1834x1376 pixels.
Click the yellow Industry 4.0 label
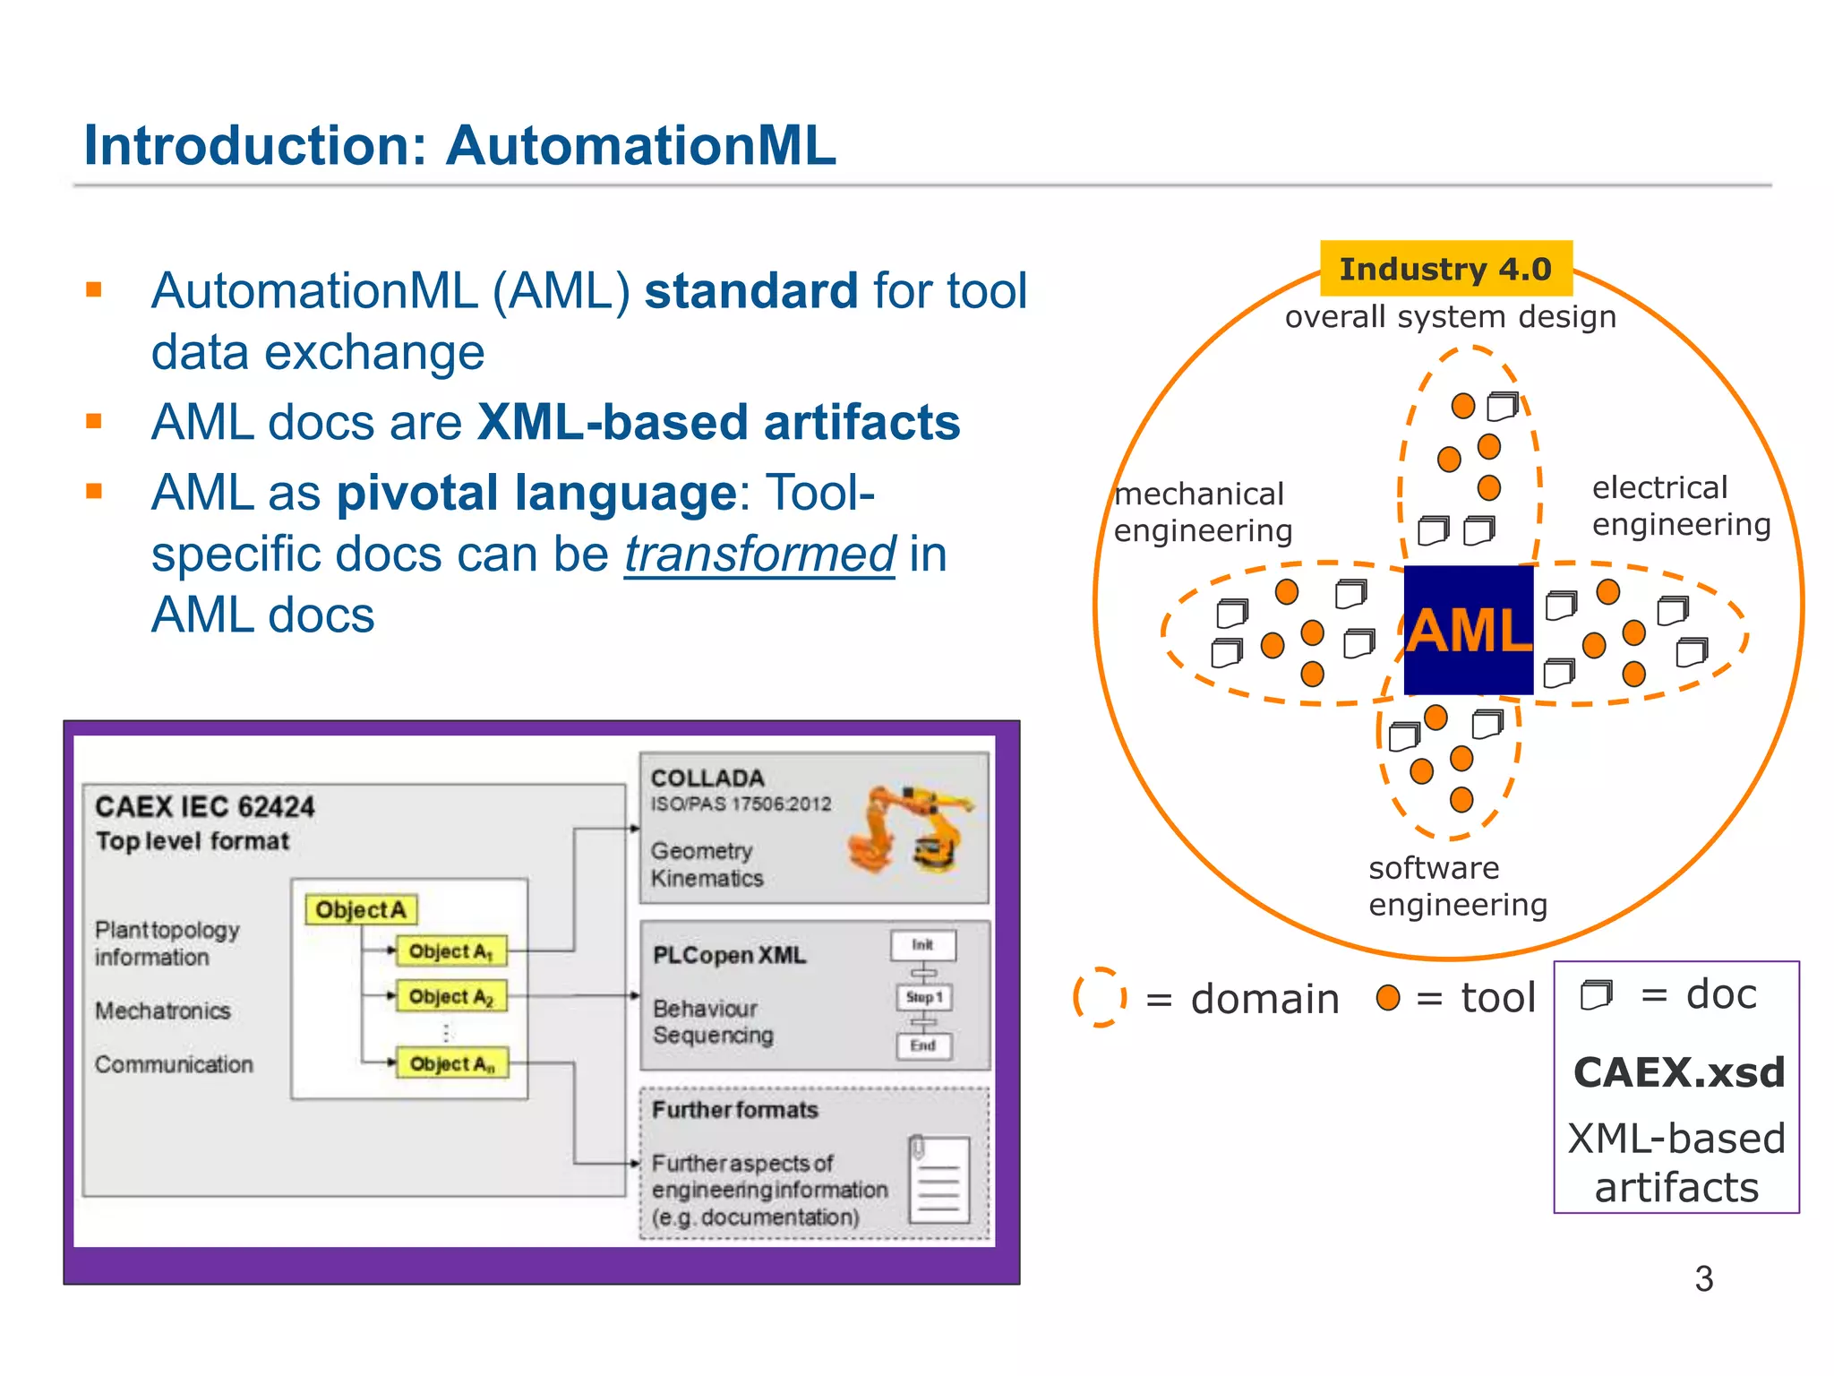[1445, 269]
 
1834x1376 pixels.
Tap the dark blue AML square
[1469, 630]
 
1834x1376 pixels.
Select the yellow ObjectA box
[361, 909]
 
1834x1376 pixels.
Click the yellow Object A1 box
[451, 950]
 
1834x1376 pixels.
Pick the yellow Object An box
[452, 1063]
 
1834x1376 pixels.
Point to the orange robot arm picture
[910, 829]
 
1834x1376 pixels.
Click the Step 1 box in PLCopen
[924, 997]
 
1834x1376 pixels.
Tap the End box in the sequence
[924, 1045]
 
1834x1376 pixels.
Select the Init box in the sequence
[923, 944]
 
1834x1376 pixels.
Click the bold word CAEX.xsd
[1678, 1072]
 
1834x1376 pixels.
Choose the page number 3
[1703, 1278]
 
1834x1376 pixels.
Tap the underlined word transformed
[759, 554]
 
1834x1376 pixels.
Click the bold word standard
[751, 291]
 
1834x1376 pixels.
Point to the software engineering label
[1457, 886]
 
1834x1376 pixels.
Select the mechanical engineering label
[1202, 512]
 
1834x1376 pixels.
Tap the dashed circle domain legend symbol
[1100, 997]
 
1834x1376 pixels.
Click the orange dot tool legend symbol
[1387, 997]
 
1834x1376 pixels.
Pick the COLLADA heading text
[707, 778]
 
